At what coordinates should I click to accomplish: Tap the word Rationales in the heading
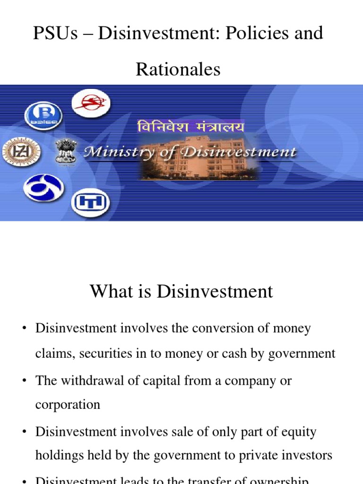[x=178, y=69]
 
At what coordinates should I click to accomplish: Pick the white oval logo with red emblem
[x=91, y=103]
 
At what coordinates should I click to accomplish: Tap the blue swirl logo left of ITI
[x=45, y=188]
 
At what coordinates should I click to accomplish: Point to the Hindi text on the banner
[x=191, y=127]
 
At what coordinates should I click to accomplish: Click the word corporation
[x=68, y=405]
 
